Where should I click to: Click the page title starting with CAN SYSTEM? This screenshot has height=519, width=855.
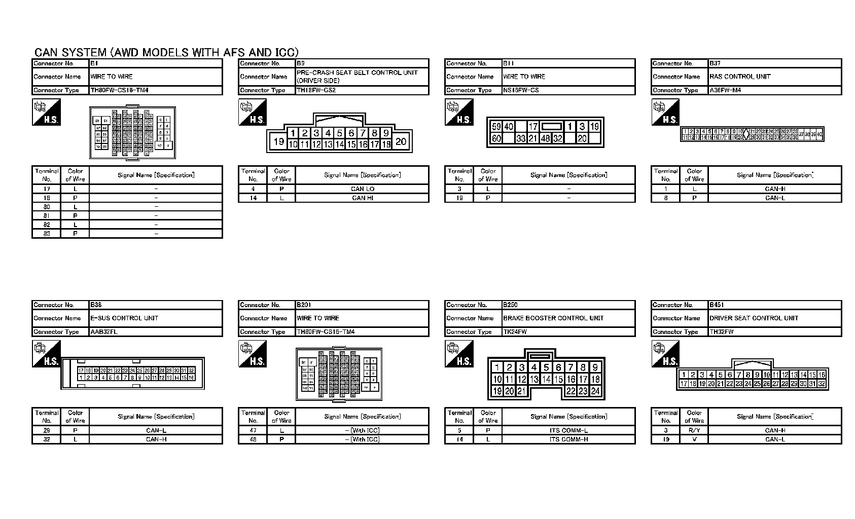(166, 52)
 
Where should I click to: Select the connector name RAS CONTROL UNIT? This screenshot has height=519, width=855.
(740, 77)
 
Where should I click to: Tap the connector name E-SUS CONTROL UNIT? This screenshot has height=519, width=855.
(124, 318)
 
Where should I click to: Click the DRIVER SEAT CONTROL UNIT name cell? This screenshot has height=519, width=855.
(754, 318)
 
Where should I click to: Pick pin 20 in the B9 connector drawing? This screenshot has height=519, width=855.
(401, 141)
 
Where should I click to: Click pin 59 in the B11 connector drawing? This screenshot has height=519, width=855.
(496, 127)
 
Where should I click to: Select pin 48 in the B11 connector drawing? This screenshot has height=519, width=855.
(545, 138)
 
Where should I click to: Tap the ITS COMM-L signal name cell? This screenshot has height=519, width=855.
(568, 430)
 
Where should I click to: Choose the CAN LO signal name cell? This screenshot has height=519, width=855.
(362, 189)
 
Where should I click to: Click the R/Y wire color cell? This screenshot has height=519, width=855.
(694, 430)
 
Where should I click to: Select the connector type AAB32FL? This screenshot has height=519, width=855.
(104, 332)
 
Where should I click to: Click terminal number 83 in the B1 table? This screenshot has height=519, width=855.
(47, 234)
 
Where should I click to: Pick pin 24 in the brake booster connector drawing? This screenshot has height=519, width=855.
(595, 391)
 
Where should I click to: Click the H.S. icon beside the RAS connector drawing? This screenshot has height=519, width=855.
(665, 113)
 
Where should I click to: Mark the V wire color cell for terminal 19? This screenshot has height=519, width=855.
(694, 439)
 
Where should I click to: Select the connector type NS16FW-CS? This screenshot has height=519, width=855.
(521, 90)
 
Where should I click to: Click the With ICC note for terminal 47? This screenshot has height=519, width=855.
(365, 430)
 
